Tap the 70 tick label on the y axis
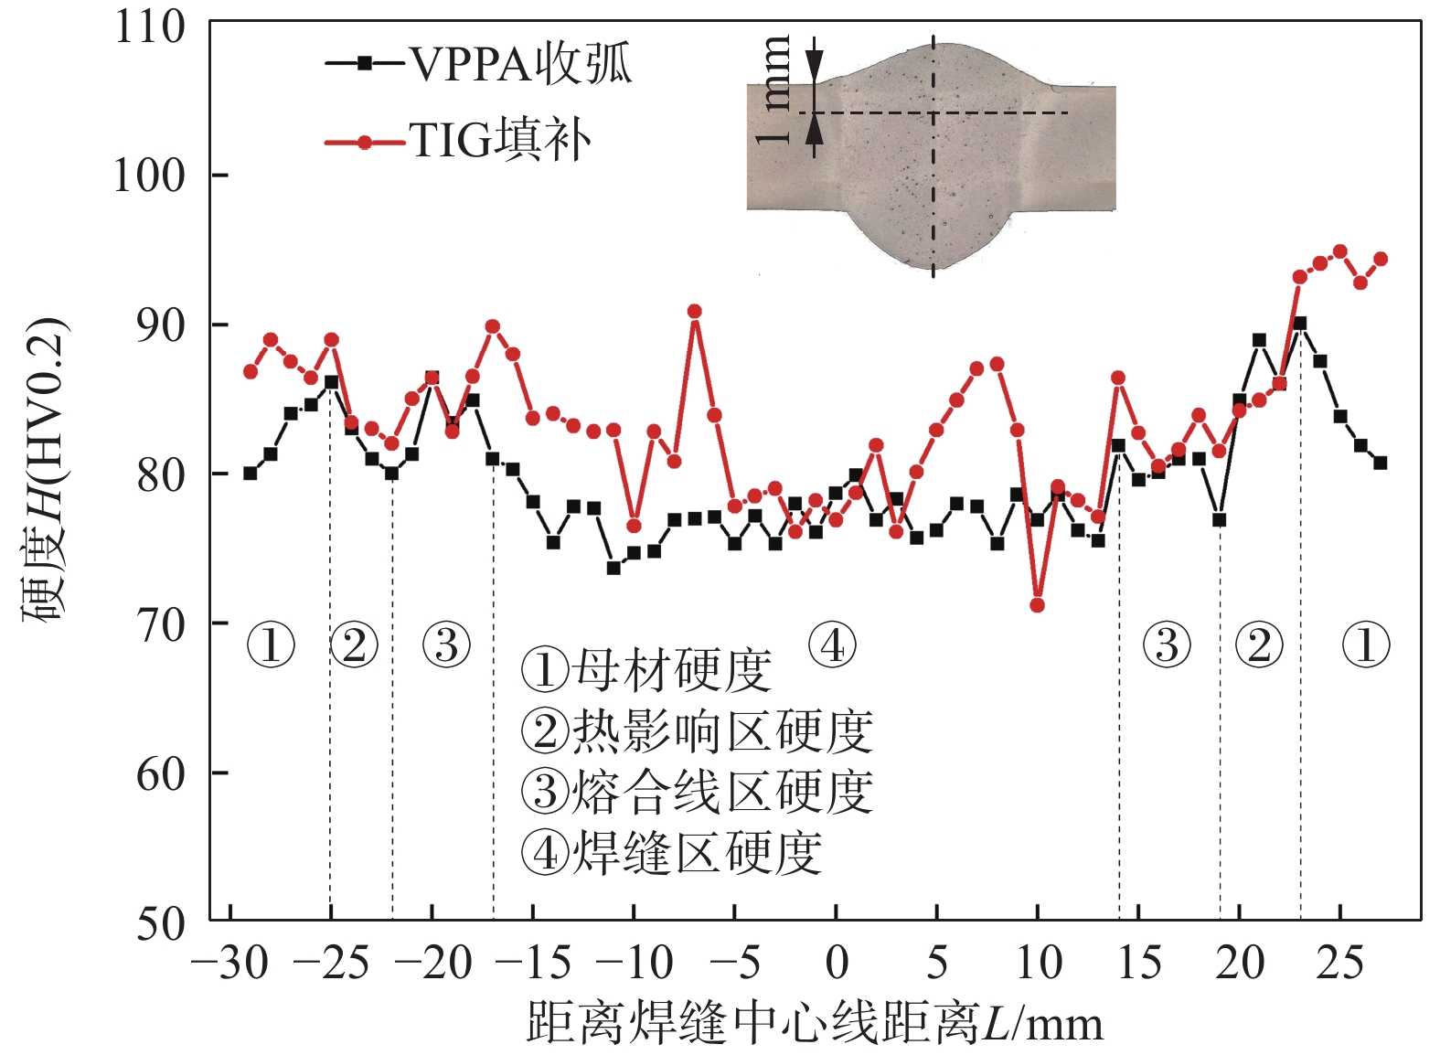tap(160, 624)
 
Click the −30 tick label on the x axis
tap(229, 964)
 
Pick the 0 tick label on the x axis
tap(836, 964)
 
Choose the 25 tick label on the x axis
tap(1339, 964)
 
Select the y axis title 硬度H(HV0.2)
tap(45, 470)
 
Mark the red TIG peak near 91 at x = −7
tap(695, 312)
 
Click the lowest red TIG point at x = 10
tap(1037, 605)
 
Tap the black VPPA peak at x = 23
tap(1299, 324)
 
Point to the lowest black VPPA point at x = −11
tap(613, 568)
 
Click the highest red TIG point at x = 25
tap(1339, 251)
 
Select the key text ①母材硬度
tap(647, 670)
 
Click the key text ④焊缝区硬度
tap(672, 853)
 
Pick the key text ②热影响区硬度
tap(697, 731)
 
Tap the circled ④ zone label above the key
tap(832, 645)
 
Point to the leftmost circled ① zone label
tap(271, 645)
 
